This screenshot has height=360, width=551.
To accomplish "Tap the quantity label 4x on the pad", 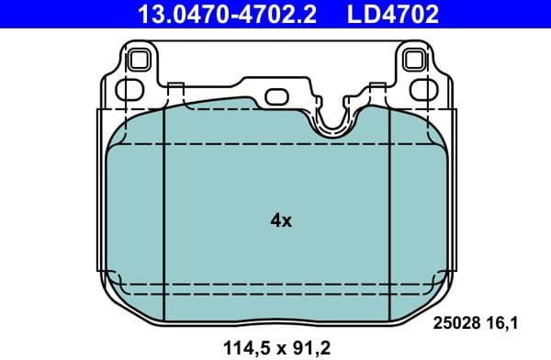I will [x=281, y=220].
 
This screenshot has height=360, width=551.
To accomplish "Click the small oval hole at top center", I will [x=276, y=96].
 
